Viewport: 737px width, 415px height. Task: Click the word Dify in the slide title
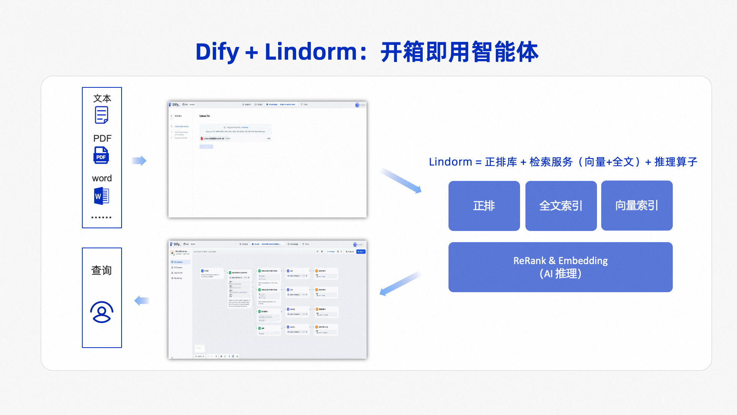tap(217, 52)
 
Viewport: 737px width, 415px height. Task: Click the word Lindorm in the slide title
tap(311, 52)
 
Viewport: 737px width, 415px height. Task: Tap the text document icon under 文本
tap(102, 115)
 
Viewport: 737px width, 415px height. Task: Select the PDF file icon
tap(101, 155)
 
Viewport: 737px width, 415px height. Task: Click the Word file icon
tap(102, 196)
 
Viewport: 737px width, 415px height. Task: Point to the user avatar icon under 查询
tap(102, 312)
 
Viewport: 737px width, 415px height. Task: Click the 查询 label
tap(102, 270)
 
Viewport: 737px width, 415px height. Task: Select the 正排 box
tap(484, 206)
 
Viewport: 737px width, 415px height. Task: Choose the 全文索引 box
tap(561, 206)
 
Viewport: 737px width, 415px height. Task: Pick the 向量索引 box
tap(637, 206)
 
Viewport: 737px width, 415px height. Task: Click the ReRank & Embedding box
tap(560, 267)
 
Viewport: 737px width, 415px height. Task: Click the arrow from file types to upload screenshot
tap(139, 161)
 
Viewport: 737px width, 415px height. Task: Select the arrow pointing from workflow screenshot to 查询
tap(142, 301)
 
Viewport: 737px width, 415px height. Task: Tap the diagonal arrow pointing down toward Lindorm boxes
tap(400, 180)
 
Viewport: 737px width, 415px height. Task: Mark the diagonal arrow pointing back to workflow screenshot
tap(400, 284)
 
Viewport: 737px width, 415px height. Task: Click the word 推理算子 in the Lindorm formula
tap(676, 162)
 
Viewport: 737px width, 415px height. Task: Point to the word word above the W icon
tap(102, 178)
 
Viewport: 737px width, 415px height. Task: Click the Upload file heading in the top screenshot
tap(205, 116)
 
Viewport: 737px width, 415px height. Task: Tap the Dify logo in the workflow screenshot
tap(175, 244)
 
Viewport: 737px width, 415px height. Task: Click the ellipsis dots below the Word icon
tap(102, 218)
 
